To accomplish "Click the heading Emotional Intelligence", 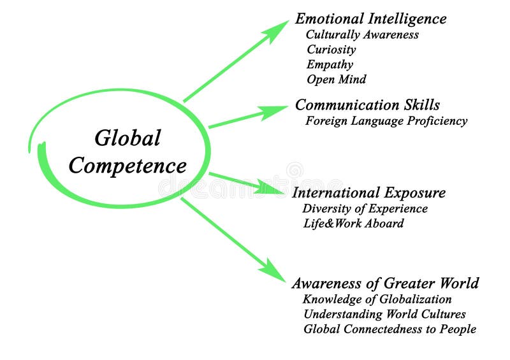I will pos(370,18).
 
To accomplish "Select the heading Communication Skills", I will pos(367,104).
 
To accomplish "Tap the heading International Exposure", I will pos(368,192).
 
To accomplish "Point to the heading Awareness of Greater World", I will pos(385,283).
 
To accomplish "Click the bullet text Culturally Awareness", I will pos(362,35).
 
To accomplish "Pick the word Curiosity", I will pos(331,50).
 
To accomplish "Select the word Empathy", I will pos(330,64).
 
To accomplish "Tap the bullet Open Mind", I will pos(337,80).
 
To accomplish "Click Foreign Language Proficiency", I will pos(386,120).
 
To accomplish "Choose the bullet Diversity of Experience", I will pos(365,208).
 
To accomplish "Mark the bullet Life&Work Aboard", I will pos(353,224).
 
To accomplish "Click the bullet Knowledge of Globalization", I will pos(377,299).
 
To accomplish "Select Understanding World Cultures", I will pos(384,314).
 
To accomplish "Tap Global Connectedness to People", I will pos(390,329).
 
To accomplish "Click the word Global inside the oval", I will pos(127,138).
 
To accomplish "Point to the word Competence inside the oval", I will pos(127,166).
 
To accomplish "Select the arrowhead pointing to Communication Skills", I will pos(275,112).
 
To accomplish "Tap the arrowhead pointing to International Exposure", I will pos(270,188).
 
